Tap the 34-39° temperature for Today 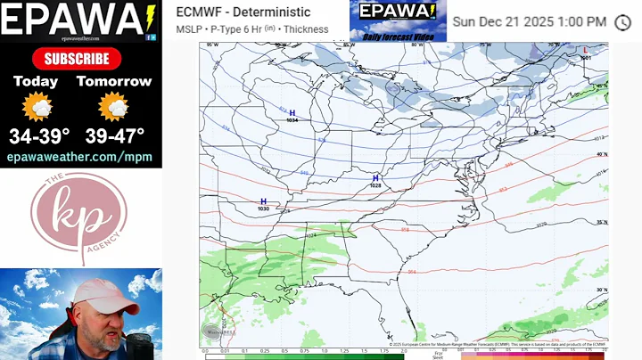(x=36, y=136)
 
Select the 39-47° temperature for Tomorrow (x=113, y=136)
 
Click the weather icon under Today (x=37, y=108)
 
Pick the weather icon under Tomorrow (x=113, y=108)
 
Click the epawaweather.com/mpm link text (x=79, y=157)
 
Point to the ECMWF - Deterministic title (x=243, y=12)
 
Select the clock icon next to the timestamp (x=622, y=21)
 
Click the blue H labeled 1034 (x=292, y=113)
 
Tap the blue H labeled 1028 (x=375, y=178)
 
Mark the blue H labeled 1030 (x=263, y=201)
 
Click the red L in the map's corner (x=585, y=51)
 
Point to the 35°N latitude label (x=602, y=222)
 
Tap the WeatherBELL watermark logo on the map (x=221, y=331)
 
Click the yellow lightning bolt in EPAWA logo (x=148, y=16)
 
